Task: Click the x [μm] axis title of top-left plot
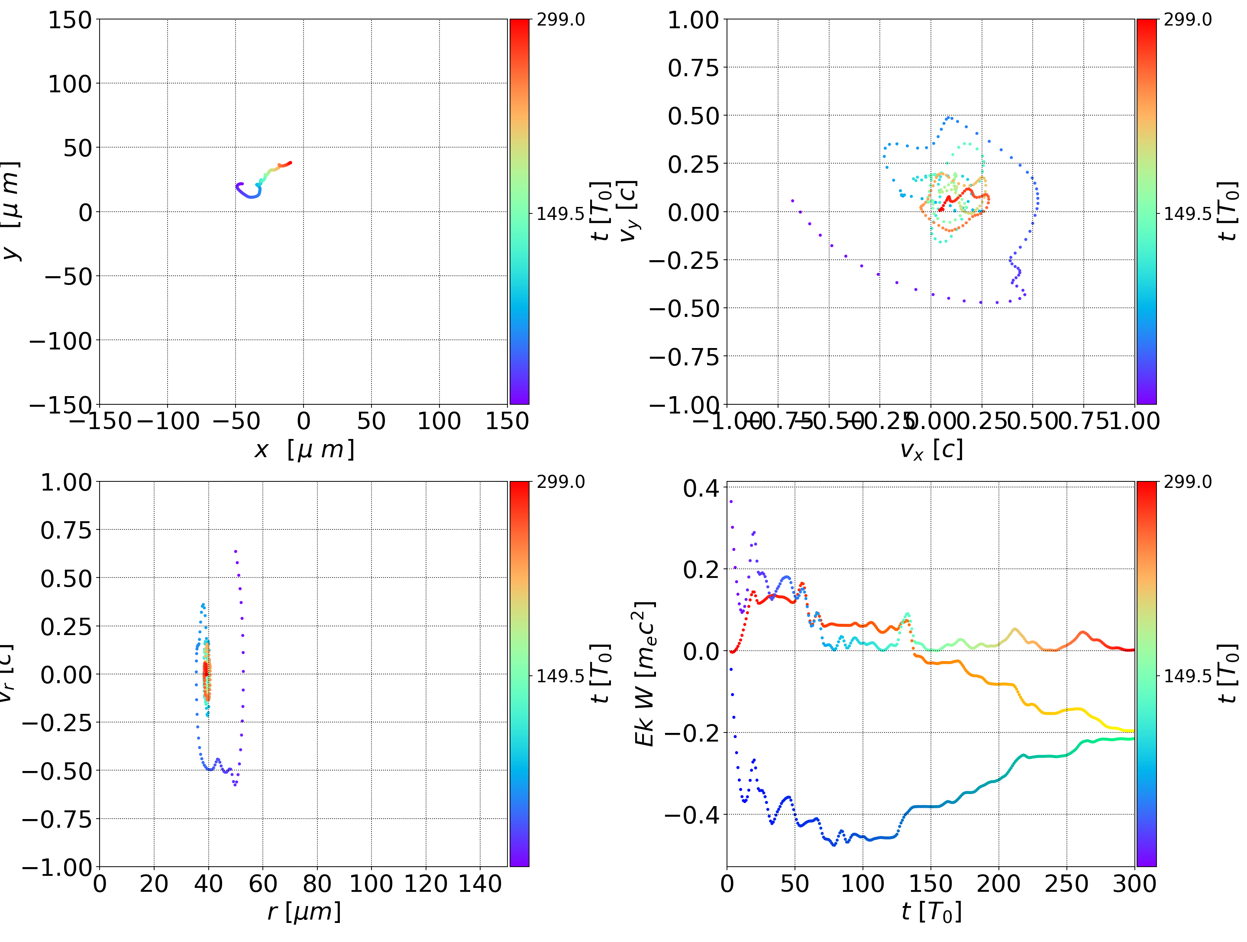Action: (x=304, y=450)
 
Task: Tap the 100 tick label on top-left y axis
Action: (x=69, y=84)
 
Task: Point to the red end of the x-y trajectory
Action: (x=290, y=163)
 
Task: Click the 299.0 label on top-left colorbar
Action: (x=560, y=20)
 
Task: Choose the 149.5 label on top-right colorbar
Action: (x=1187, y=214)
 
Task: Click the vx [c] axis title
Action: (x=931, y=450)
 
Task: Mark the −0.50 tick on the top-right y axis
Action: (x=685, y=308)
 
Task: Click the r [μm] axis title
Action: (x=304, y=912)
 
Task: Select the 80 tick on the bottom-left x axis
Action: (x=317, y=884)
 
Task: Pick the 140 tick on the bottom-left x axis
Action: (x=480, y=884)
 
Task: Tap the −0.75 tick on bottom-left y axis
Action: (x=57, y=819)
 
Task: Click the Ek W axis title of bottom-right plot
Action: (x=645, y=674)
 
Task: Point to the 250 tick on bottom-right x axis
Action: (x=1066, y=884)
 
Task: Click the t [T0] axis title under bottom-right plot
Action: (x=931, y=912)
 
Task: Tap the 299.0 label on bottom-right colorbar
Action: (x=1187, y=482)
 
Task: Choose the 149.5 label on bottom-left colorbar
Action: (x=560, y=676)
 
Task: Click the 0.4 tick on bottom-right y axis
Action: (x=701, y=488)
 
